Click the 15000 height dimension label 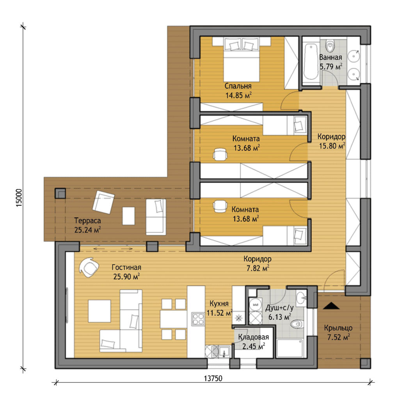coord(20,198)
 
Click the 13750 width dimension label coord(213,379)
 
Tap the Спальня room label coord(238,86)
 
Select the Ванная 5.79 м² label coord(331,62)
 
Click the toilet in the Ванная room coord(330,46)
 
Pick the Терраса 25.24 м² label coord(87,225)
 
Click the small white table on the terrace coord(128,216)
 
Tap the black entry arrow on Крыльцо coord(331,305)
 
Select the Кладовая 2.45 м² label coord(253,341)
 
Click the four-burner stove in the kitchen coord(198,319)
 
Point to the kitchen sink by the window coord(224,351)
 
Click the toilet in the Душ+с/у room coord(296,324)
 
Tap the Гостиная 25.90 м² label coord(126,272)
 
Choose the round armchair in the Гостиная coord(89,267)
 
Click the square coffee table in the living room coord(99,311)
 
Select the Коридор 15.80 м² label coord(332,141)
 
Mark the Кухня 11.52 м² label coord(219,308)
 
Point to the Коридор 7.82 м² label coord(258,263)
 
